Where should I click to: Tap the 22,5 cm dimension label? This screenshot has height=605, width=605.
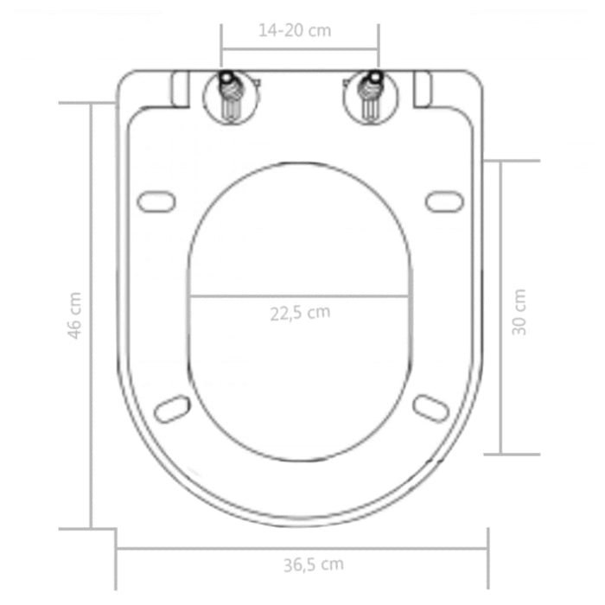tap(299, 313)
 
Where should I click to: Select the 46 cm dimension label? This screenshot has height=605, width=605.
tap(76, 315)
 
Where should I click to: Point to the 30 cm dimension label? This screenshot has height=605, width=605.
tap(519, 310)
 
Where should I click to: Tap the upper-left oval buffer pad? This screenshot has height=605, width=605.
tap(157, 200)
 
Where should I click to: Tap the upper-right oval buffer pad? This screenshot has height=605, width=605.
tap(444, 200)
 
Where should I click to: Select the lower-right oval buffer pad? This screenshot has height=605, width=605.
tap(430, 407)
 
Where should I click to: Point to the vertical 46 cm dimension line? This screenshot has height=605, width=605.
tap(91, 389)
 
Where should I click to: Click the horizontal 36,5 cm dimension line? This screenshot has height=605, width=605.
tap(216, 547)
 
